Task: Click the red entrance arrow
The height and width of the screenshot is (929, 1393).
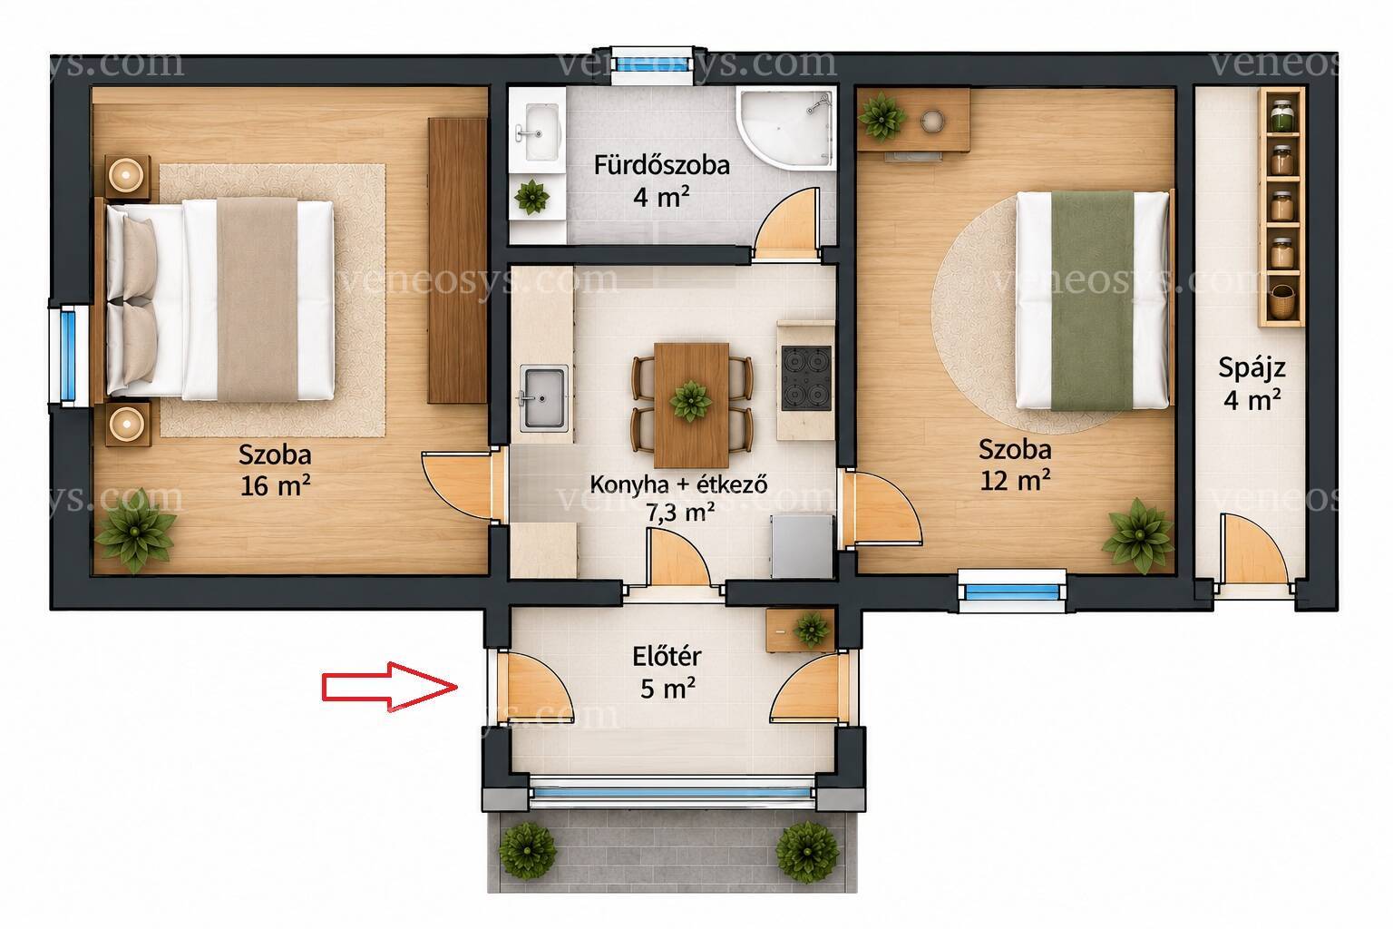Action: [x=390, y=687]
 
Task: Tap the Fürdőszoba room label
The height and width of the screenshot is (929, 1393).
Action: [x=662, y=165]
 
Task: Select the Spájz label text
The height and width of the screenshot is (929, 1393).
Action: [x=1252, y=368]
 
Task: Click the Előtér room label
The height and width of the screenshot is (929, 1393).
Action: [x=667, y=657]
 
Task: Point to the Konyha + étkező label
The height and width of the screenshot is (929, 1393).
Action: [x=678, y=484]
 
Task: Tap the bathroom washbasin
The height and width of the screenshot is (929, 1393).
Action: [x=539, y=132]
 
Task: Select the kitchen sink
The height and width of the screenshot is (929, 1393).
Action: [x=543, y=398]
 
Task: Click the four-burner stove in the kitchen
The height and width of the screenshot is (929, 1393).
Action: [x=806, y=378]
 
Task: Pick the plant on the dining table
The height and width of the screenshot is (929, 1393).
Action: [x=691, y=401]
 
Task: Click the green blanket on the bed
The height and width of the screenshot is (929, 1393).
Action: [x=1092, y=301]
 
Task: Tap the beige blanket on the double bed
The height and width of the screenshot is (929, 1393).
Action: [x=257, y=299]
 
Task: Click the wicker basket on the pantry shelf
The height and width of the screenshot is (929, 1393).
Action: [x=1281, y=301]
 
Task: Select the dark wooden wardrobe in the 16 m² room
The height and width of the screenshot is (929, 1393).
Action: [x=457, y=260]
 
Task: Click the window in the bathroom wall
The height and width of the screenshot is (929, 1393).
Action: [x=651, y=64]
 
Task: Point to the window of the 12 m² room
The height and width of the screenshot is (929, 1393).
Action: [x=1012, y=591]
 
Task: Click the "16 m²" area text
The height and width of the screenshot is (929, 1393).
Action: [x=275, y=485]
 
